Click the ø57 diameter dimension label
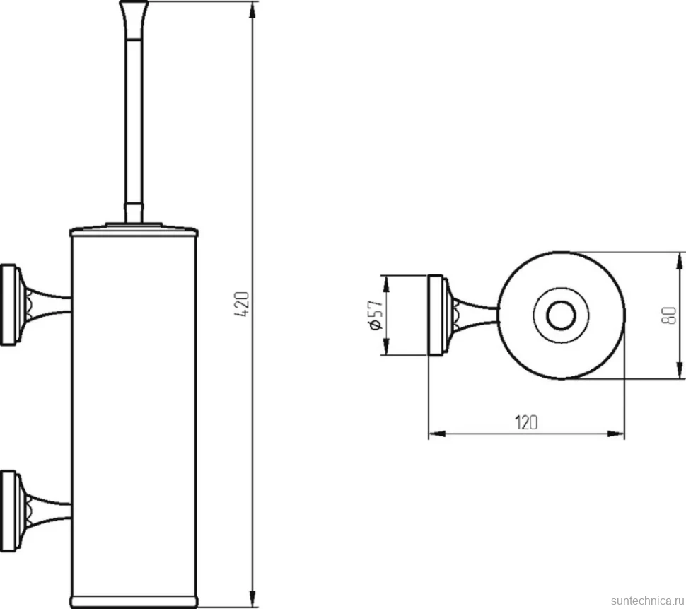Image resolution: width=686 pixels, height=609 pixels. [x=376, y=315]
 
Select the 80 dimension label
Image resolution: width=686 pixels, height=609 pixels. [x=669, y=315]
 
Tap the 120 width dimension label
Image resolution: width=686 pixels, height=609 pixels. [x=526, y=423]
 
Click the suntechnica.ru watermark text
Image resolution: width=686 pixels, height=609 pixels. [x=648, y=600]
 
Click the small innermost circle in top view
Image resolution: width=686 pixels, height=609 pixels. [x=562, y=315]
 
